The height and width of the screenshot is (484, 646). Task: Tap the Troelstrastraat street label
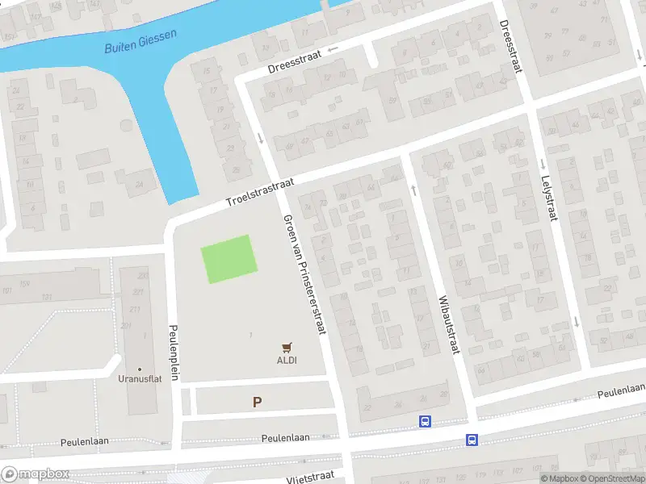tap(258, 193)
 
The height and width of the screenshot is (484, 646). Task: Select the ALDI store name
tap(287, 360)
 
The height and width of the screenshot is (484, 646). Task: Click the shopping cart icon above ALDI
tap(287, 347)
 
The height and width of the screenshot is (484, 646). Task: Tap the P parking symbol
tap(257, 402)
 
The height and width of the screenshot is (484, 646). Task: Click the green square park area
tap(229, 259)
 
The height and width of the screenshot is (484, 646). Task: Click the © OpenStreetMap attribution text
tap(610, 478)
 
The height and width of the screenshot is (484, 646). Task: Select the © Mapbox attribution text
tap(558, 478)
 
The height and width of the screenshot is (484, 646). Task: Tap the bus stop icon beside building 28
tap(425, 421)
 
